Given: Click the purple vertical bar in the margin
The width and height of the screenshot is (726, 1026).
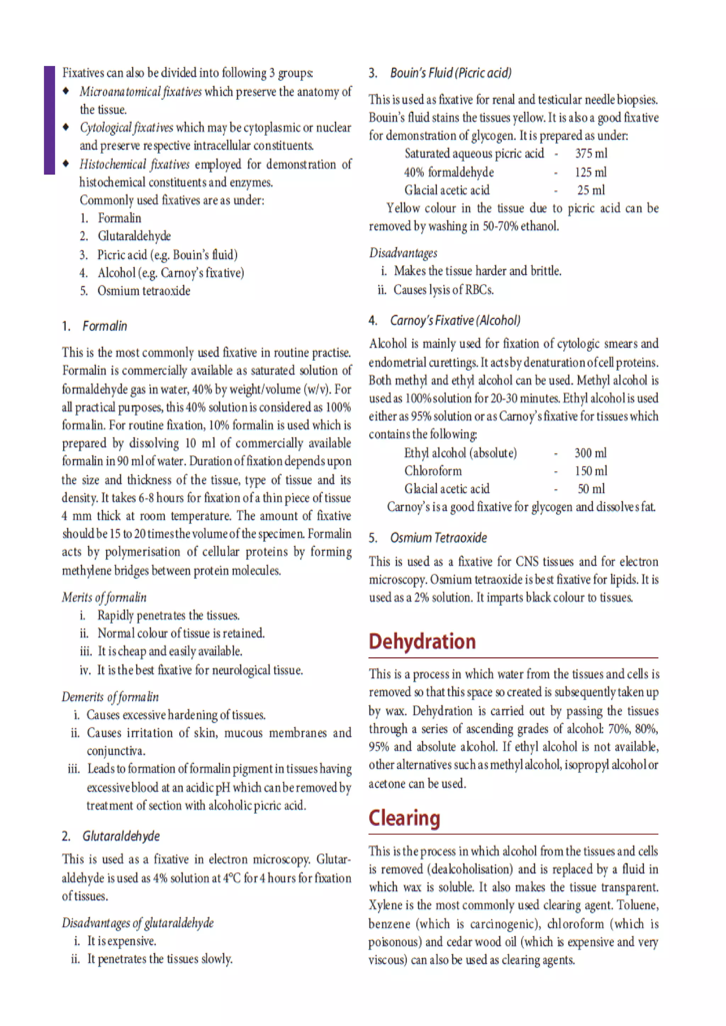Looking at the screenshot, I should click(49, 120).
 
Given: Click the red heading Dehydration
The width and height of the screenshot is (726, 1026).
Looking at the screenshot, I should click(422, 641).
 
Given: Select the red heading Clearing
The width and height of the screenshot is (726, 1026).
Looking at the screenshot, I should click(404, 818).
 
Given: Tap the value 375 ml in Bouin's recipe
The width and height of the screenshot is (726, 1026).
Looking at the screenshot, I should click(591, 154).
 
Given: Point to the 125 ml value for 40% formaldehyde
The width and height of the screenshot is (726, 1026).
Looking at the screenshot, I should click(591, 173).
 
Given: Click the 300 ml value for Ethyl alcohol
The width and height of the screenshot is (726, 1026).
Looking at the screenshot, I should click(591, 453).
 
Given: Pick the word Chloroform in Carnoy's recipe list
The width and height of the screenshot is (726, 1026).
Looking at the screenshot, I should click(433, 471).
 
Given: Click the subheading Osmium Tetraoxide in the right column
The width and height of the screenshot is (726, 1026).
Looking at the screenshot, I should click(438, 537).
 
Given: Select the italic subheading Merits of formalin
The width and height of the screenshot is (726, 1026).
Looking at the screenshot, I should click(104, 597).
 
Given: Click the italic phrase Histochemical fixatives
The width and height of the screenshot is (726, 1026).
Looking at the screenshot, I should click(135, 164).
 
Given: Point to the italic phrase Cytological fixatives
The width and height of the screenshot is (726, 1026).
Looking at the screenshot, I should click(126, 128).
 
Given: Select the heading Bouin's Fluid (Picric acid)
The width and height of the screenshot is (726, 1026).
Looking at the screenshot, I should click(451, 73).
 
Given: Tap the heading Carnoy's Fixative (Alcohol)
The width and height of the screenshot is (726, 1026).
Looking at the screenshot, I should click(455, 320).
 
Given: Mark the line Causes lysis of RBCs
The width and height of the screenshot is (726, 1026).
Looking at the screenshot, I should click(443, 290).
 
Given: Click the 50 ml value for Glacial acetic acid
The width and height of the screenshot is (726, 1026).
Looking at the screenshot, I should click(591, 489).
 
